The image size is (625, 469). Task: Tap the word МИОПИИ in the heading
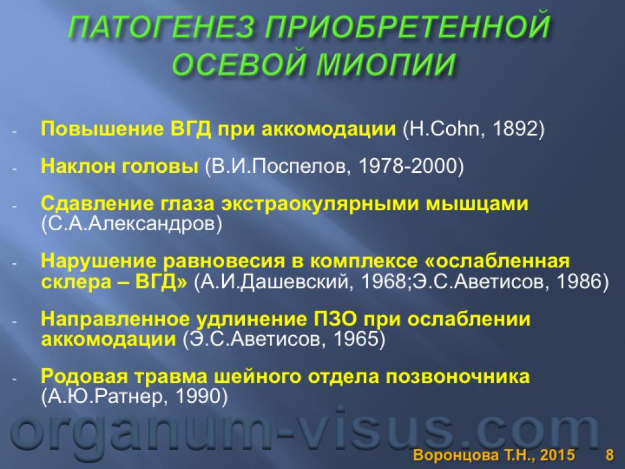[386, 64]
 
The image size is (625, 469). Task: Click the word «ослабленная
[494, 261]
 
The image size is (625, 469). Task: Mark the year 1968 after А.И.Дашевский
[383, 282]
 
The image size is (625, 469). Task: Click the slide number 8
[610, 455]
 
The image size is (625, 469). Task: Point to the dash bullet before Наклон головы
[15, 169]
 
